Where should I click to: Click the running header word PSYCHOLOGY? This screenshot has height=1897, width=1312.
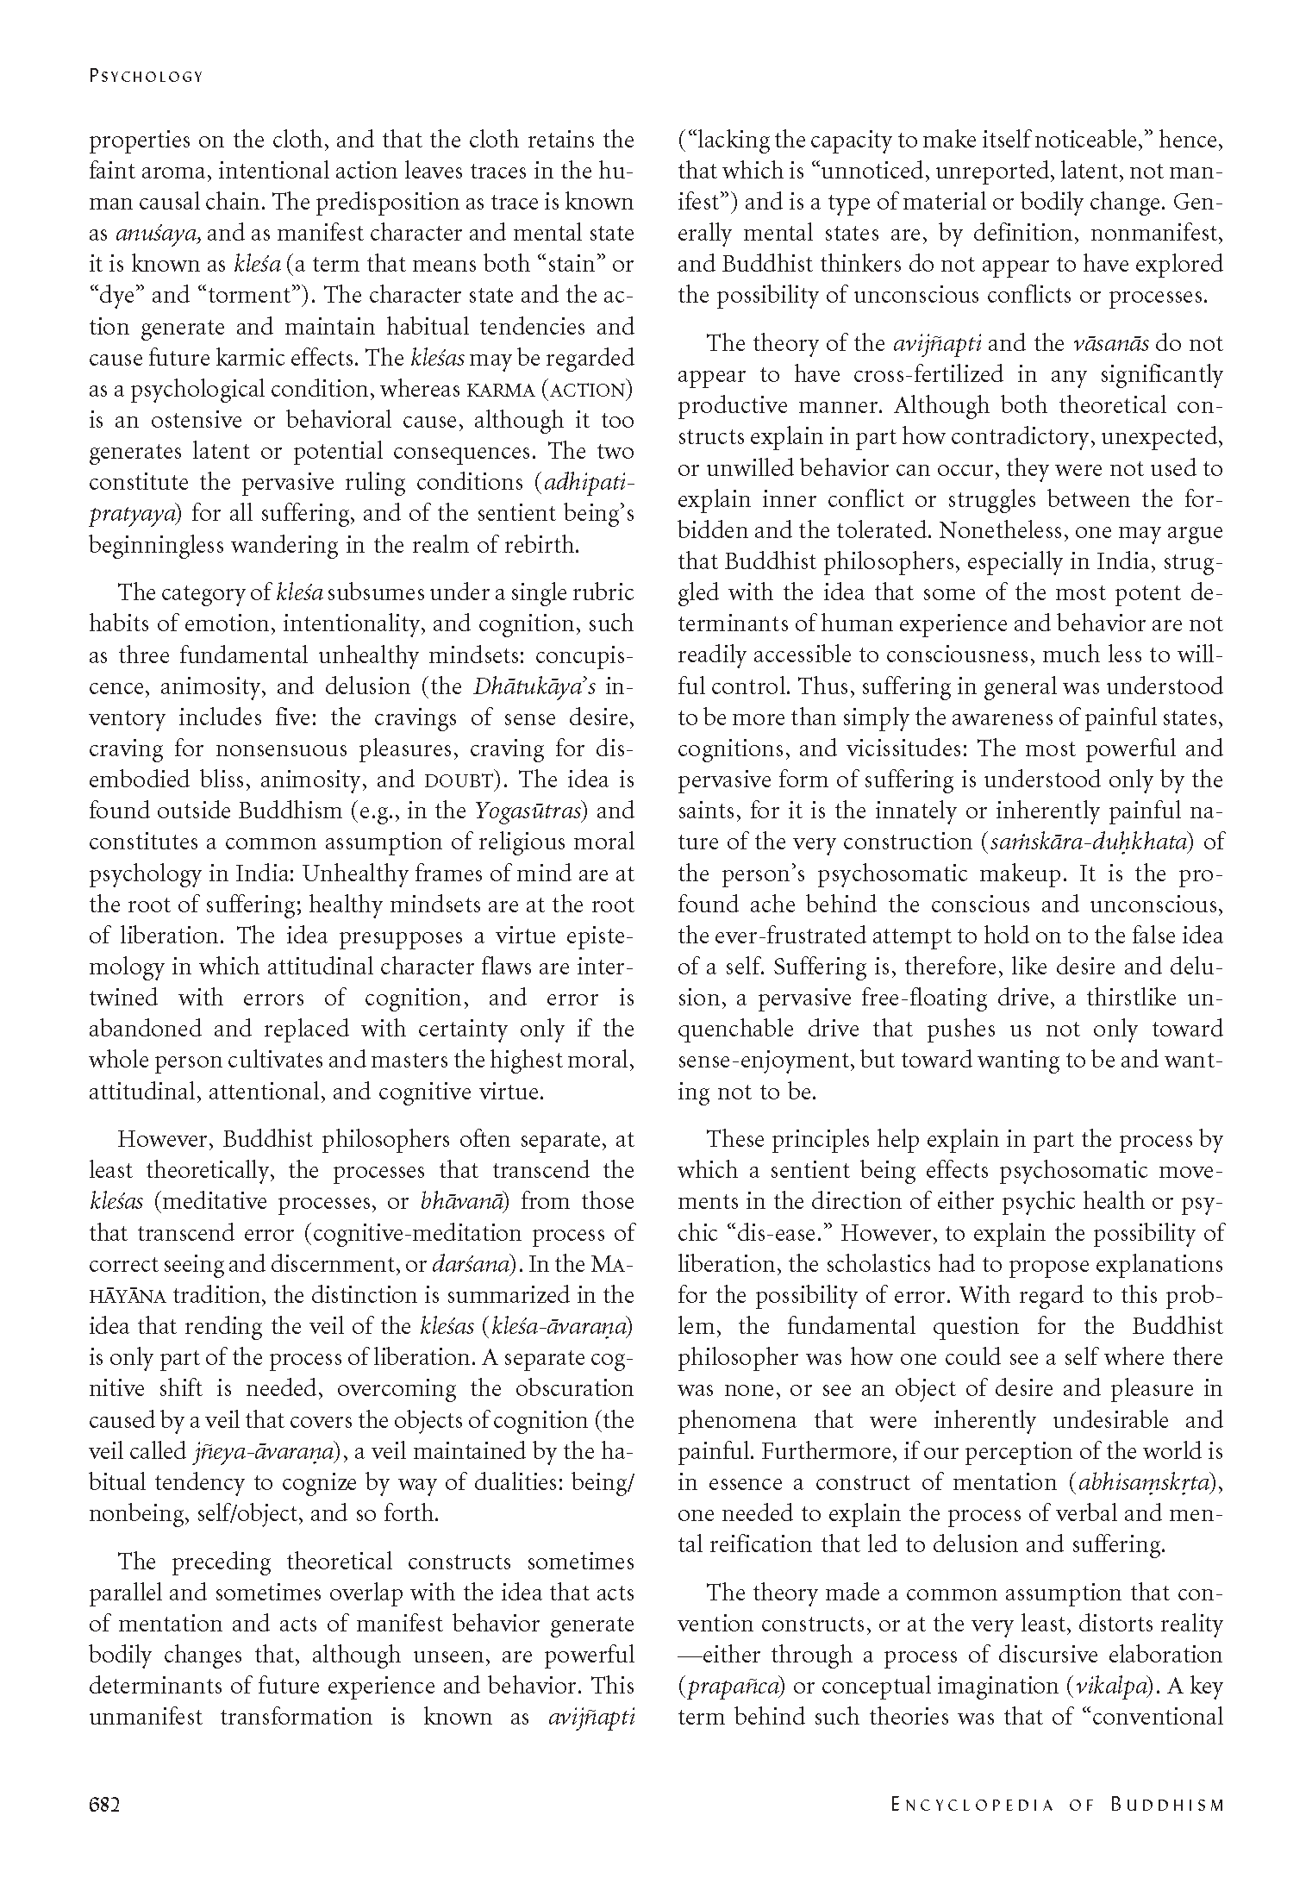pyautogui.click(x=146, y=76)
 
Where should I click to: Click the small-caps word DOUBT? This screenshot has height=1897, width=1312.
pyautogui.click(x=456, y=780)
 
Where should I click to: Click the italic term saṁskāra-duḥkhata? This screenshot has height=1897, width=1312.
pyautogui.click(x=1088, y=842)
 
